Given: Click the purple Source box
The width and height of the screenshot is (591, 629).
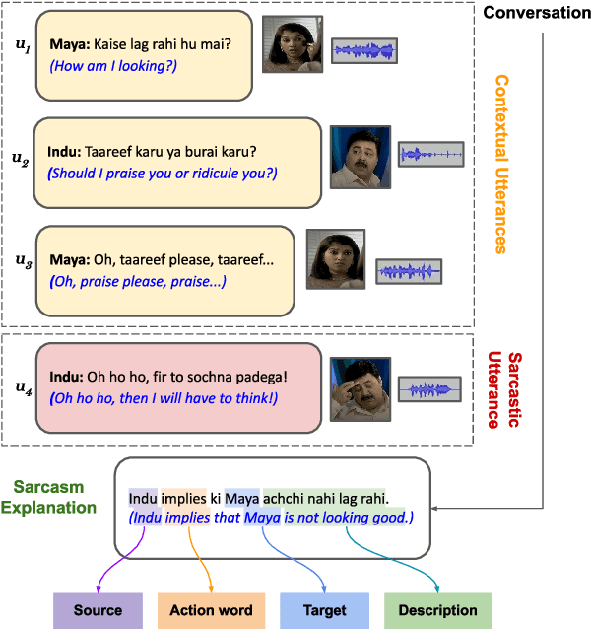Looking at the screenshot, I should [98, 610].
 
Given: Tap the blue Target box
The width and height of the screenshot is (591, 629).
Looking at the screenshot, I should [324, 610].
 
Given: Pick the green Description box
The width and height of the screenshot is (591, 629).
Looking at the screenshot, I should [437, 610].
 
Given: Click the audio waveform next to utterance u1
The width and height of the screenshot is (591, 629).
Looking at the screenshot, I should [364, 51].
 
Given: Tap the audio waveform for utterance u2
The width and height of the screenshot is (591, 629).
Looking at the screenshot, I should [430, 154].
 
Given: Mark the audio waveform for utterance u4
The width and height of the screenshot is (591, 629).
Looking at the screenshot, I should [428, 390].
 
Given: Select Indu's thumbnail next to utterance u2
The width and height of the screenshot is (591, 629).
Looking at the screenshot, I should [360, 157].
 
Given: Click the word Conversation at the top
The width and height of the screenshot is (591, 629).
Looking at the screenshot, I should [534, 14].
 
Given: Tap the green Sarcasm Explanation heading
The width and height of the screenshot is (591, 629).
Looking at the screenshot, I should [55, 497].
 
